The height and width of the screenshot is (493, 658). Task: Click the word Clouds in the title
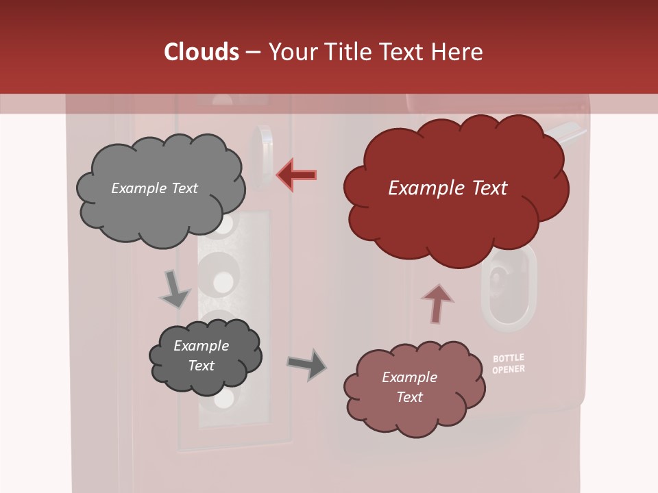[x=202, y=52]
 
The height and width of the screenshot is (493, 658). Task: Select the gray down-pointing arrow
[x=175, y=288]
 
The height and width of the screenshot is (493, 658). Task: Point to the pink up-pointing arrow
[x=437, y=304]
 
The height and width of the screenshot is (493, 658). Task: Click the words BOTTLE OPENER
[x=509, y=364]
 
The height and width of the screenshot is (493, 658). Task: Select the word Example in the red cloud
[x=422, y=188]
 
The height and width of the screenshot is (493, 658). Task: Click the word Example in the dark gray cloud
[x=201, y=346]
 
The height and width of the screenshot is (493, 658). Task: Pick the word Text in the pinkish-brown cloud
[x=409, y=397]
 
